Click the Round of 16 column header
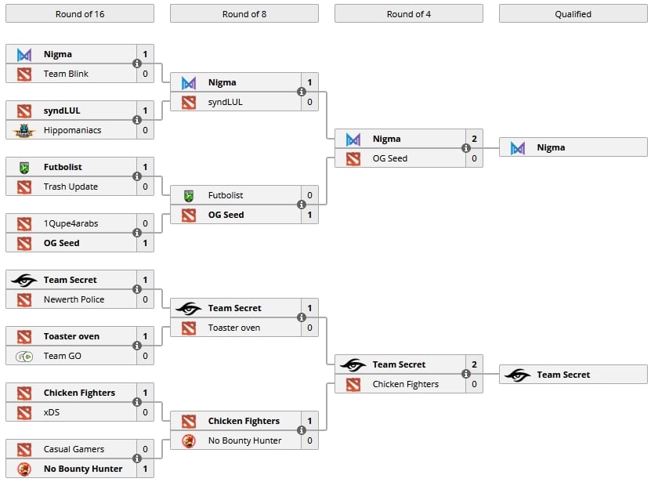[x=79, y=13]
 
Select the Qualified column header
[x=573, y=13]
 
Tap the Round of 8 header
[x=244, y=13]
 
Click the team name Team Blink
[x=66, y=74]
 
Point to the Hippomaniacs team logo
[x=24, y=130]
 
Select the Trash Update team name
[x=71, y=187]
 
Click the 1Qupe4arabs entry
[x=71, y=223]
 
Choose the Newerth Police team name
[x=74, y=299]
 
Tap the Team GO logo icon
[x=24, y=356]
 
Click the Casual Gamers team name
[x=74, y=449]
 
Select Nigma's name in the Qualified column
[x=551, y=147]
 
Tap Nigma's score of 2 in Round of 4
[x=474, y=139]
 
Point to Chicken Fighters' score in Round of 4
[x=474, y=384]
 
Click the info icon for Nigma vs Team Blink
[x=137, y=63]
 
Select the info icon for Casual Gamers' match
[x=137, y=458]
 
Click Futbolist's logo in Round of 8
[x=189, y=195]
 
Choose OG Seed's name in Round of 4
[x=390, y=158]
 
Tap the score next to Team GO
[x=145, y=356]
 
